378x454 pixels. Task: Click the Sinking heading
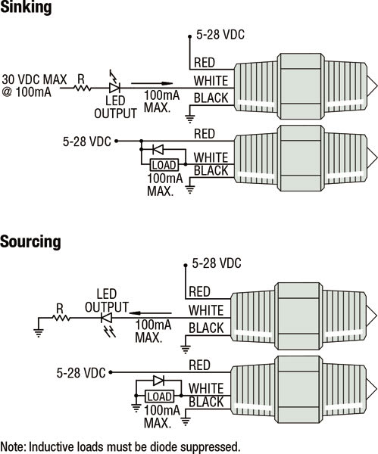pos(26,7)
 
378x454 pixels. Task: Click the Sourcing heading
pos(30,241)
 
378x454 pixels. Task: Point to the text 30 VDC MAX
pos(34,79)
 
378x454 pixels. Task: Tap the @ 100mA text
pos(27,92)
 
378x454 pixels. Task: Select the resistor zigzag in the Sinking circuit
pos(83,88)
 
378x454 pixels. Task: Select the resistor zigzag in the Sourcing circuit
pos(61,318)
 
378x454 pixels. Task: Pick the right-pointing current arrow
pos(152,83)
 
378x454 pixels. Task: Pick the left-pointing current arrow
pos(150,313)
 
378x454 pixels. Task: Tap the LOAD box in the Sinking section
pos(164,165)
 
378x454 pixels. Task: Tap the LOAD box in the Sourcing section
pos(160,396)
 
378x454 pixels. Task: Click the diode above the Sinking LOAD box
pos(158,150)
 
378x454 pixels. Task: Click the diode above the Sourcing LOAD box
pos(158,380)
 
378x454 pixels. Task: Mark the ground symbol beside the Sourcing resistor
pos(39,333)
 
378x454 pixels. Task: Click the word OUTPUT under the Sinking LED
pos(115,113)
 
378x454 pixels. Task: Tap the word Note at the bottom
pos(13,446)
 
